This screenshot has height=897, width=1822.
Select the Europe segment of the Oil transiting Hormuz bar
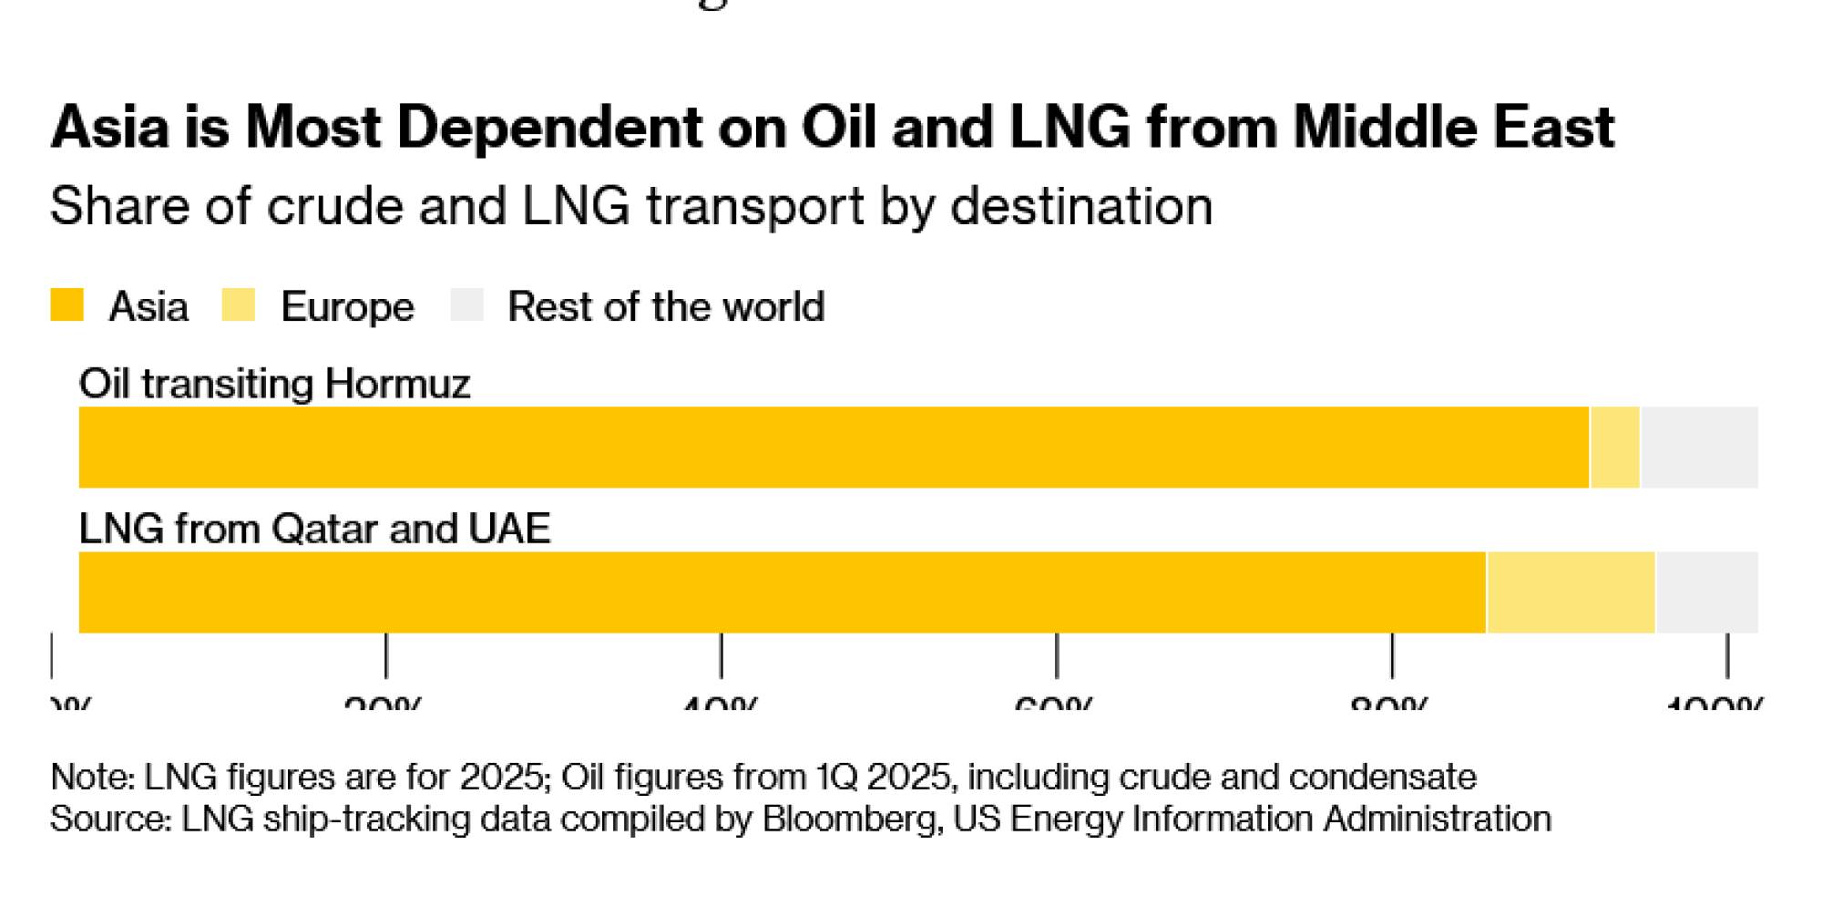click(1615, 448)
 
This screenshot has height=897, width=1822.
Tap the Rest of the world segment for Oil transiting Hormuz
click(1699, 448)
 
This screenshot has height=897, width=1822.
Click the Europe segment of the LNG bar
click(1571, 593)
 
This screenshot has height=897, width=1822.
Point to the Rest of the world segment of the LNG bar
click(1707, 593)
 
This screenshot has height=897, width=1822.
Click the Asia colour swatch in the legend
click(67, 305)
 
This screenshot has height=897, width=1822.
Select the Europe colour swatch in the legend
click(239, 305)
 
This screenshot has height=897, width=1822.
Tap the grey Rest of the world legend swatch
click(466, 305)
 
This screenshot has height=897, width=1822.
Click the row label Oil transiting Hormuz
click(274, 384)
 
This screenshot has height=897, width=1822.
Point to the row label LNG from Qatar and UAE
click(314, 529)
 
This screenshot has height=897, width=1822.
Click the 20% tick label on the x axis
click(384, 704)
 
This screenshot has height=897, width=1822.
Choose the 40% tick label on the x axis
click(720, 704)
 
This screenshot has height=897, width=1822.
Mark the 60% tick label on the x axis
click(1054, 704)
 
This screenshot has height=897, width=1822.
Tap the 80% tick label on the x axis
click(1389, 704)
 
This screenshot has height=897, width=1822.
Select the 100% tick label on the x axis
click(1715, 704)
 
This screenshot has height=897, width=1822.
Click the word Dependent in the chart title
click(549, 127)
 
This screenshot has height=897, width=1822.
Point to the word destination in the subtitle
click(1081, 206)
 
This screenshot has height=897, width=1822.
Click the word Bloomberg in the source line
click(849, 819)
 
